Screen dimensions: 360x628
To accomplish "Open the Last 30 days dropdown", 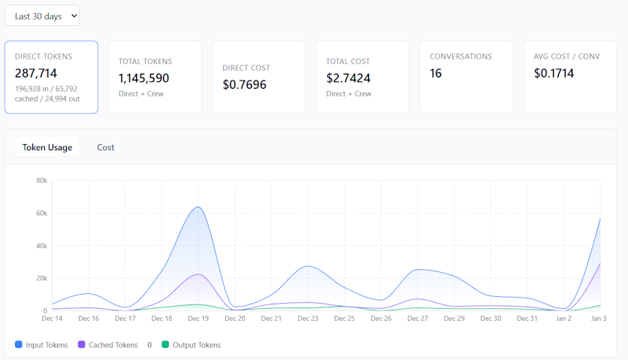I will (42, 16).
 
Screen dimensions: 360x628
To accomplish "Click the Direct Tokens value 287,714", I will (36, 73).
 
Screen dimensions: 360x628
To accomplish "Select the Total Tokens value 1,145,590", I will (143, 78).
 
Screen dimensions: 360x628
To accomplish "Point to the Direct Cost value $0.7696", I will (244, 84).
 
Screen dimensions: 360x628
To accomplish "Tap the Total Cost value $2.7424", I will (349, 78).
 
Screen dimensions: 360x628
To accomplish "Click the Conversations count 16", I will (436, 73).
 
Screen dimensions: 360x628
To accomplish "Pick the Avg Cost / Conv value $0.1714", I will (554, 73).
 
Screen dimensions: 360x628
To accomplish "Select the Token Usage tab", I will (47, 147).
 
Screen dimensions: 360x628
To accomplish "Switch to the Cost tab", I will (106, 147).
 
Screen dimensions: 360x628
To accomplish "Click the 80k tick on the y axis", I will (41, 180).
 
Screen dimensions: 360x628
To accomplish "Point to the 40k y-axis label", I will (41, 246).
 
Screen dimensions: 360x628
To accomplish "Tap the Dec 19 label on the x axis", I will (198, 319).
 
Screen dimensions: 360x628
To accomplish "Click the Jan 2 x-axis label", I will (563, 319).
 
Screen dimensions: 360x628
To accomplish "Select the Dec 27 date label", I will (417, 319).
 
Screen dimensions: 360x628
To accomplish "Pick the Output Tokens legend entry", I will (193, 345).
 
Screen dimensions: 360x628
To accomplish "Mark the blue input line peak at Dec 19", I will (198, 207).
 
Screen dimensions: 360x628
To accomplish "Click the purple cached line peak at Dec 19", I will (198, 274).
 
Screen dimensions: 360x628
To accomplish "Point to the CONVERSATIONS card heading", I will (460, 56).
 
